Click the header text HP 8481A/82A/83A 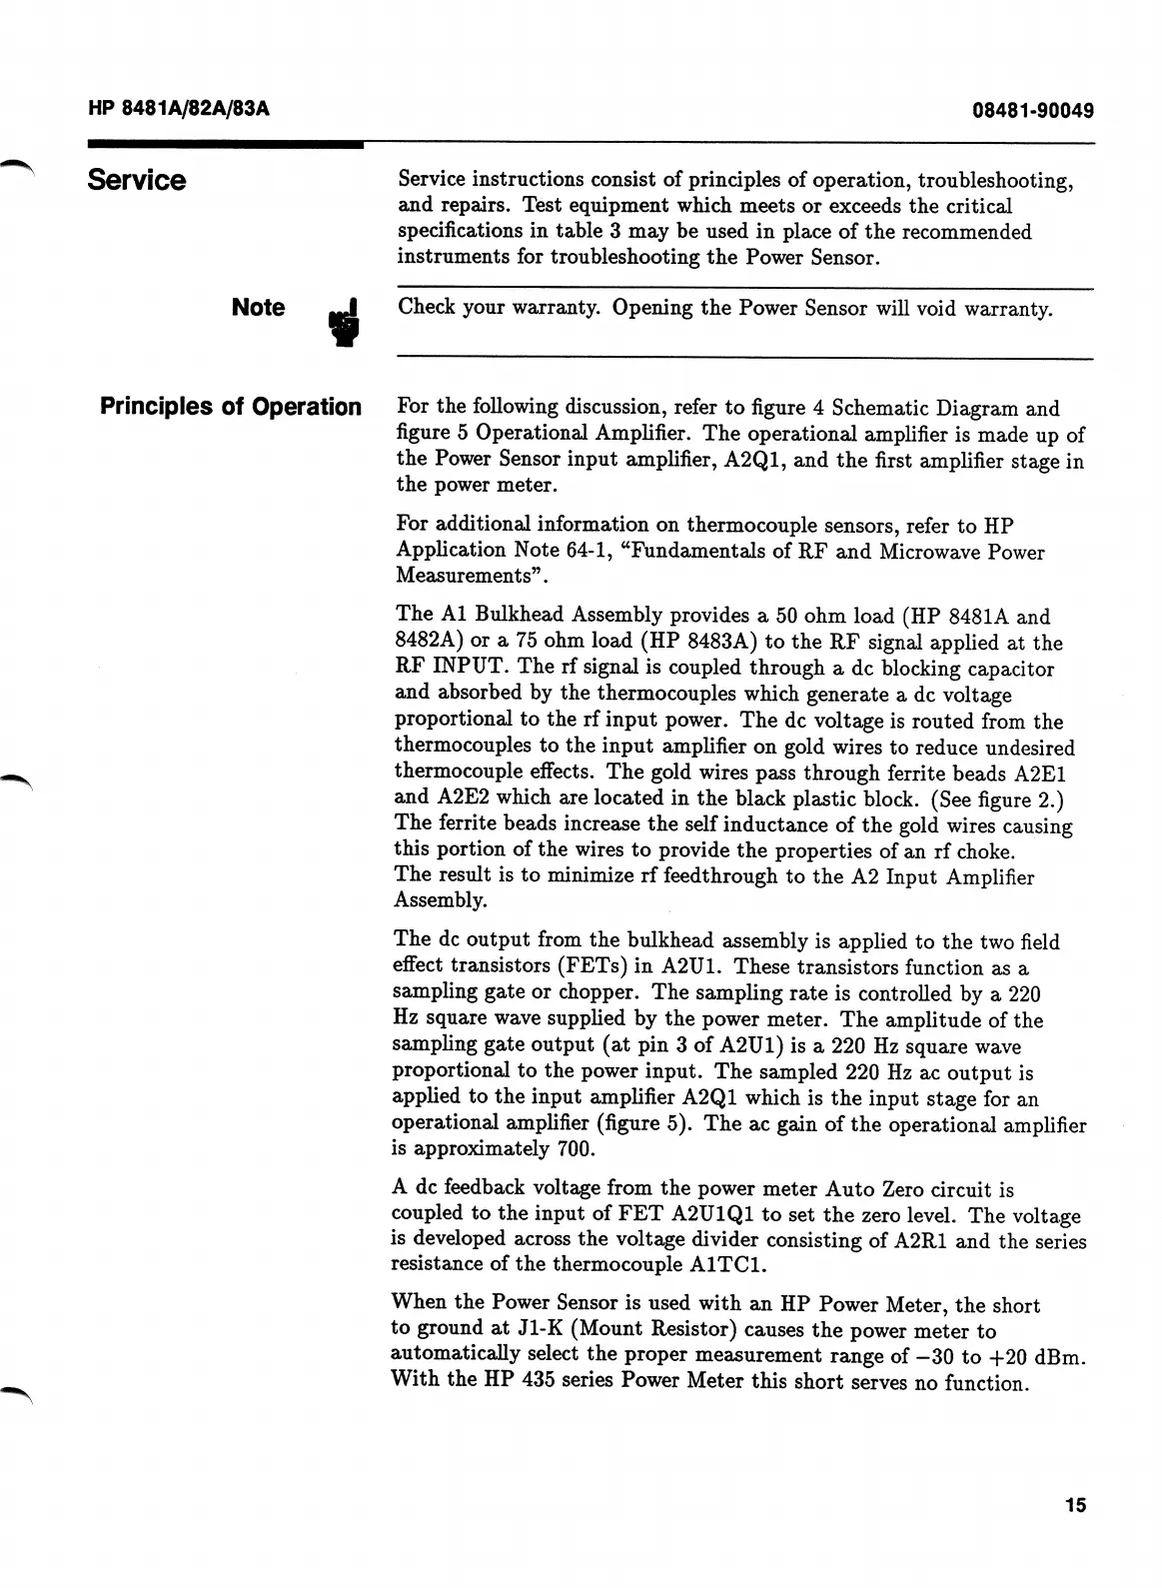(x=179, y=109)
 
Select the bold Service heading (x=137, y=180)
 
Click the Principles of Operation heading (x=231, y=407)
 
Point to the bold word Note (x=258, y=307)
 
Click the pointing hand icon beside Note (x=345, y=322)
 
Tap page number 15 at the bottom (x=1074, y=1505)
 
